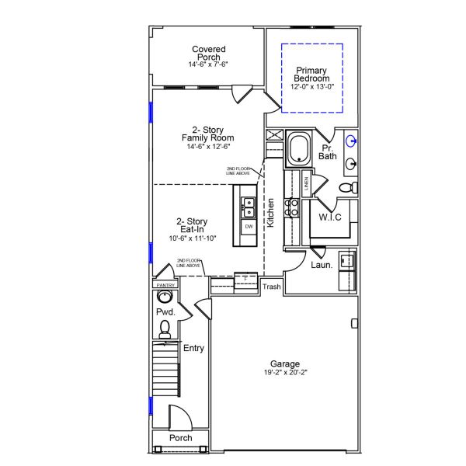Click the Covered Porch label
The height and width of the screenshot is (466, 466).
pyautogui.click(x=208, y=54)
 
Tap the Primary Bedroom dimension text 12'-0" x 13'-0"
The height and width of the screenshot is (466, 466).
pyautogui.click(x=312, y=87)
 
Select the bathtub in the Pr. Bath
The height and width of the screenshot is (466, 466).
pyautogui.click(x=299, y=149)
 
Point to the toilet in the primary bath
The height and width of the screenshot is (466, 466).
pyautogui.click(x=352, y=188)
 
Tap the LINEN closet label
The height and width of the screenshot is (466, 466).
pyautogui.click(x=306, y=183)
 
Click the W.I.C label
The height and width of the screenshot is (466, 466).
pyautogui.click(x=331, y=217)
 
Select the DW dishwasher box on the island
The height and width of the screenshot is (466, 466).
pyautogui.click(x=249, y=226)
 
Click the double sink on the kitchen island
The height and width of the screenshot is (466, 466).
pyautogui.click(x=249, y=207)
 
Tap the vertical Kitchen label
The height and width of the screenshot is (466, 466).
pyautogui.click(x=271, y=213)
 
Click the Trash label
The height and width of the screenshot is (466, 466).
pyautogui.click(x=272, y=287)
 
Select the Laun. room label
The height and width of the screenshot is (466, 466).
pyautogui.click(x=322, y=265)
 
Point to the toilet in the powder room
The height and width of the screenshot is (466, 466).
pyautogui.click(x=165, y=332)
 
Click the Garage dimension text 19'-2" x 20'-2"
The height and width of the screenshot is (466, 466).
pyautogui.click(x=285, y=372)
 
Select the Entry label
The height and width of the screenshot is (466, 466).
pyautogui.click(x=193, y=348)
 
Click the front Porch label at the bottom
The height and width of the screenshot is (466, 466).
pyautogui.click(x=181, y=438)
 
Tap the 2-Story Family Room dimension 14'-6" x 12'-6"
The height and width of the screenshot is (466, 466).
pyautogui.click(x=208, y=146)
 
